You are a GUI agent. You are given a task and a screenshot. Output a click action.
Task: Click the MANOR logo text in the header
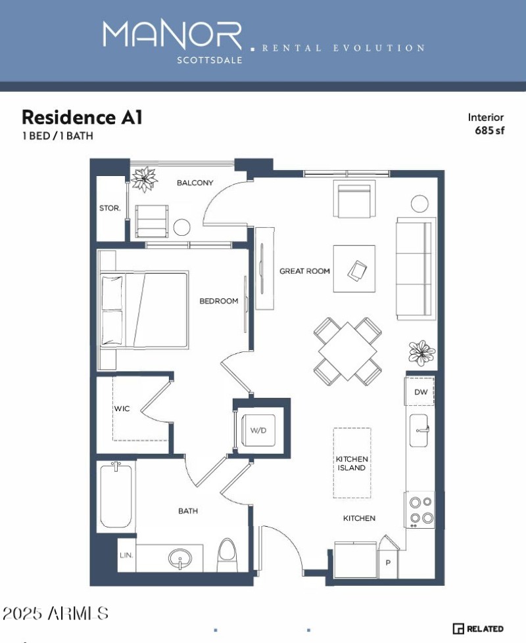[x=172, y=35]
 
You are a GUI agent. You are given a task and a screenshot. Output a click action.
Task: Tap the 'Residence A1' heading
[x=82, y=118]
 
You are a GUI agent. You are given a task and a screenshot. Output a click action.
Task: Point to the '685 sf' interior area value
[x=489, y=130]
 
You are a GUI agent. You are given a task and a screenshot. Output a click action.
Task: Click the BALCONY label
[x=195, y=183]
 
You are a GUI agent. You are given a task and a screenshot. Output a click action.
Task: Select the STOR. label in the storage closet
[x=110, y=208]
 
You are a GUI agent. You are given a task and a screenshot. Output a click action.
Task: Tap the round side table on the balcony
[x=181, y=228]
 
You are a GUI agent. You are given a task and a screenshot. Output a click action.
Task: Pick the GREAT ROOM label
[x=304, y=271]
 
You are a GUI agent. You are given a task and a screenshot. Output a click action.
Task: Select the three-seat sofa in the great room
[x=416, y=269]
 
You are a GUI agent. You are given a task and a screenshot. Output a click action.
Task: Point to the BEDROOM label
[x=218, y=301]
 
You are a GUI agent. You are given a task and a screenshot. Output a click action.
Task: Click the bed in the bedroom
[x=143, y=310]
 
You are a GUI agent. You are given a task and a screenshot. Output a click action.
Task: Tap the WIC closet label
[x=122, y=409]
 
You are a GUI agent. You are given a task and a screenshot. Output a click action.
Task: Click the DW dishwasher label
[x=421, y=392]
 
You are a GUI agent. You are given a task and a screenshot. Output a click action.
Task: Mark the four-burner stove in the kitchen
[x=421, y=510]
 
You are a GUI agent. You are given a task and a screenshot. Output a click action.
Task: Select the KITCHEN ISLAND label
[x=352, y=463]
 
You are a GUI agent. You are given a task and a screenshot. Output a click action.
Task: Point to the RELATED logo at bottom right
[x=479, y=629]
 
